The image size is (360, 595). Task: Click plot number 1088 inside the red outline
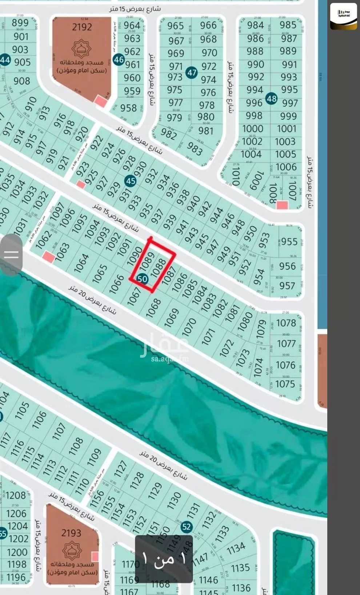coord(159,269)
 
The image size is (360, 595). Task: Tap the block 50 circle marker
coord(143,279)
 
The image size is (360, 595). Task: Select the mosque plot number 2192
coord(82,27)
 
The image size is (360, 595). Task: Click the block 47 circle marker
coord(192,72)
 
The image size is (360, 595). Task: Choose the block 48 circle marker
coord(271,98)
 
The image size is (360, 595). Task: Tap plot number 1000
coord(252,129)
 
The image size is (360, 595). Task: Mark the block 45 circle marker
coord(130,181)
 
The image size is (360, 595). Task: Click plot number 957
coord(287,286)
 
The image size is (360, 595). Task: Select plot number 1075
coord(285,384)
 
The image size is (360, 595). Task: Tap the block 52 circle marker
coord(186,527)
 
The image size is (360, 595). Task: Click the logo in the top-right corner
coord(343,16)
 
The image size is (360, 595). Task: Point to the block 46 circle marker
coord(119,59)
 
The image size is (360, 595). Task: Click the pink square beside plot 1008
coord(282,205)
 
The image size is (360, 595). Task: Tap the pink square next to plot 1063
coord(48,258)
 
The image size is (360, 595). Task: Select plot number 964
coord(132,25)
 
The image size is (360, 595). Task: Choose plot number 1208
coord(16,496)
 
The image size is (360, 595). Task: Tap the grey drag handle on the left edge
coord(11,254)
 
